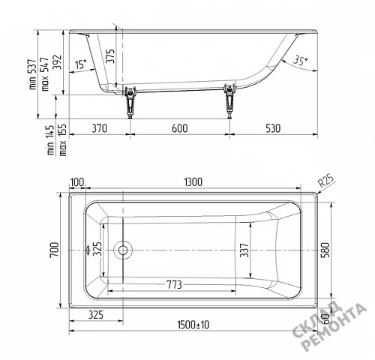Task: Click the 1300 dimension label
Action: (193, 182)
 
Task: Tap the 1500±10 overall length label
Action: (193, 325)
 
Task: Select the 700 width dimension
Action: (55, 250)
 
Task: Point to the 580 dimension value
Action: (326, 250)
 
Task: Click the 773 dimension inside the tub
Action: (174, 285)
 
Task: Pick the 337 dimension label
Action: (244, 250)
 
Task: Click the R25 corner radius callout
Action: (326, 181)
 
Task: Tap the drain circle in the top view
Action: (123, 250)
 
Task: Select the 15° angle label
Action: (80, 64)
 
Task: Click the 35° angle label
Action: (300, 60)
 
